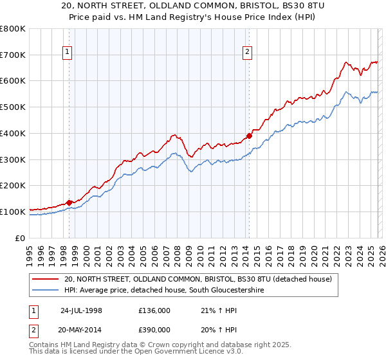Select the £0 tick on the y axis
[x=21, y=238]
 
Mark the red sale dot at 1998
[x=69, y=203]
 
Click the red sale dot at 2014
[x=249, y=136]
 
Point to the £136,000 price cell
[x=154, y=309]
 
